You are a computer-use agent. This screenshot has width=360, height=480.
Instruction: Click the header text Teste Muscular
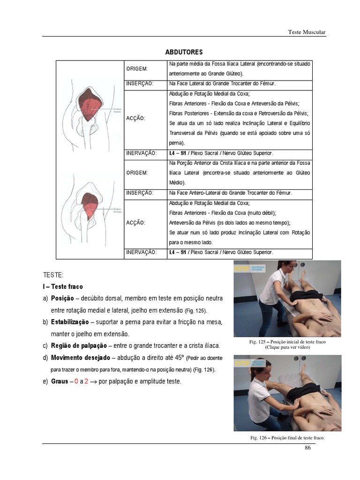(x=306, y=32)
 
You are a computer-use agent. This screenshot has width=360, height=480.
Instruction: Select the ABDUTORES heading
(x=184, y=52)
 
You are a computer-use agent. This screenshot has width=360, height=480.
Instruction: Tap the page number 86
(x=307, y=448)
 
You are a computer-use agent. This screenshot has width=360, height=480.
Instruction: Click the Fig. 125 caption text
(x=287, y=342)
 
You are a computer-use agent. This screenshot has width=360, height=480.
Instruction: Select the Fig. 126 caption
(x=287, y=438)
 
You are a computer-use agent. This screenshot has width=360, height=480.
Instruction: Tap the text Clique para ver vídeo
(x=287, y=347)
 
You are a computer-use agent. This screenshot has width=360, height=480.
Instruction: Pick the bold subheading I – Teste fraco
(x=62, y=286)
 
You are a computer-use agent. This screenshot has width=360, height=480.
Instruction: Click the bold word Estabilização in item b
(x=70, y=322)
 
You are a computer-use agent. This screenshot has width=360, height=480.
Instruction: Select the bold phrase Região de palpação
(x=78, y=346)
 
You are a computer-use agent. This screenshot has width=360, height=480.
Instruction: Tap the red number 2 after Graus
(x=86, y=382)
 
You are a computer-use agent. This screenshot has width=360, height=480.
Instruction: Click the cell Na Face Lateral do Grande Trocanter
(x=222, y=83)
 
